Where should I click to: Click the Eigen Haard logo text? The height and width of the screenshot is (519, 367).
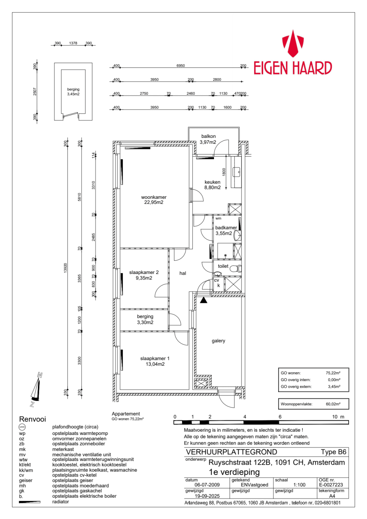click(292, 68)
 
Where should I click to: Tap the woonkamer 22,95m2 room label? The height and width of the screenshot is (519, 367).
click(154, 200)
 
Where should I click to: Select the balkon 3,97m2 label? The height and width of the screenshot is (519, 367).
click(208, 139)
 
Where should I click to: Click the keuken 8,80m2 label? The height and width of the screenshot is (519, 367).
click(212, 185)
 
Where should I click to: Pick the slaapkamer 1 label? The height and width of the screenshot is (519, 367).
click(155, 361)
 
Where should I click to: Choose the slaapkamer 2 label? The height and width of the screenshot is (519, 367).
click(144, 275)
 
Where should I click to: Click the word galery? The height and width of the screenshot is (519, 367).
click(218, 341)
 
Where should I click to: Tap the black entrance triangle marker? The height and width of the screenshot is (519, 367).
click(204, 300)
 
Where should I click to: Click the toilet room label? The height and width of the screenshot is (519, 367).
click(223, 266)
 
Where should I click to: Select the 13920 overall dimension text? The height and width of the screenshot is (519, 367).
click(66, 268)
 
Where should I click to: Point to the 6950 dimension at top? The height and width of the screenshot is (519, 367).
click(181, 66)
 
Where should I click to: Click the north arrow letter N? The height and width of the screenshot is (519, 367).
click(40, 375)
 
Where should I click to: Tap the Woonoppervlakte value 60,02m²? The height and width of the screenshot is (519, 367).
click(333, 404)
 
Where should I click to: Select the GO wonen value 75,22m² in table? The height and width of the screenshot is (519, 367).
click(333, 373)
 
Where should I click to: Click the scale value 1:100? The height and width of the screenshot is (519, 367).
click(299, 485)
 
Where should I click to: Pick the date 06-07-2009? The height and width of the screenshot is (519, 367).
click(207, 485)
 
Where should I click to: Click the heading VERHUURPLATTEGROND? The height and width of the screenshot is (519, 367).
click(232, 452)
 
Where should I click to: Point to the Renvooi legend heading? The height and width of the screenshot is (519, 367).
click(33, 419)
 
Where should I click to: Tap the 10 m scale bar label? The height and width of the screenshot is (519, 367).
click(338, 417)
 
